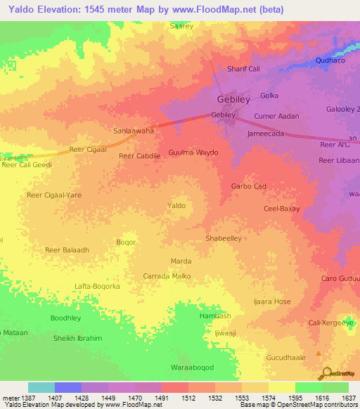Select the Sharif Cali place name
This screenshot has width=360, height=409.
[243, 69]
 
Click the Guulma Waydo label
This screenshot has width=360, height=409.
[193, 152]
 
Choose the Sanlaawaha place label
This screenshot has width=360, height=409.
[134, 131]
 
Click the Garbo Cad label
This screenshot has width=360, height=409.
[249, 186]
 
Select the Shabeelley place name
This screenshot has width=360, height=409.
[223, 238]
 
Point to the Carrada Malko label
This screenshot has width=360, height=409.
[167, 276]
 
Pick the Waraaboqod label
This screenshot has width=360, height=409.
[193, 368]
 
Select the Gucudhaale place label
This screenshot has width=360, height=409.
[285, 358]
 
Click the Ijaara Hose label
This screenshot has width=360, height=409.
[271, 301]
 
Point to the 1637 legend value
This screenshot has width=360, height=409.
[348, 398]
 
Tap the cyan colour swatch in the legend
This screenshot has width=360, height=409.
[41, 387]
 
